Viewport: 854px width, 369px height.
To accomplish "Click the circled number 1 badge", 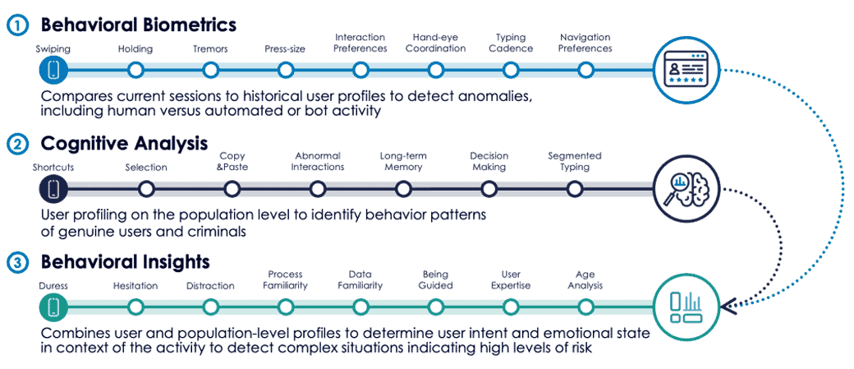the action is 19,25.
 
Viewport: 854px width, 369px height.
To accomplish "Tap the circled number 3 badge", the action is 19,263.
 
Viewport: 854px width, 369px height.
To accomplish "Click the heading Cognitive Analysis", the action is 124,144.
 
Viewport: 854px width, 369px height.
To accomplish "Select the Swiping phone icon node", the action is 53,70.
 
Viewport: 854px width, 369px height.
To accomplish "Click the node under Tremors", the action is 210,70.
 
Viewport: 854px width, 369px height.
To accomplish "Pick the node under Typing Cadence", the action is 510,70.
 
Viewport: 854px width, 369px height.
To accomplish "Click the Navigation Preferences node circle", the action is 585,70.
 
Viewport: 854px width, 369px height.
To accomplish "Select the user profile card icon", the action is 686,70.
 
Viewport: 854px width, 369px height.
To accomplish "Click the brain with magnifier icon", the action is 686,189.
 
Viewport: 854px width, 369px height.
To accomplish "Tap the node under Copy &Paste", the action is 232,189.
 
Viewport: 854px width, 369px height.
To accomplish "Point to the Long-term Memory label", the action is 403,162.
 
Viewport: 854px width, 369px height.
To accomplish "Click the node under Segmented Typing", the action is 575,189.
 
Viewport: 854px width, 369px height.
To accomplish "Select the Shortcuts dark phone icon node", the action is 53,189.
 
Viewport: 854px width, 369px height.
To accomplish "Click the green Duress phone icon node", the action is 53,307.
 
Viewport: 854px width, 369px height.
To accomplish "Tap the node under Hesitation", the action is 135,307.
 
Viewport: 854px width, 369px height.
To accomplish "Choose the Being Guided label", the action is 436,279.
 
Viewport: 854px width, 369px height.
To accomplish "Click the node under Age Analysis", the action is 585,307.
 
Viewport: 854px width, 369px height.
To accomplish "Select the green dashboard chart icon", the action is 686,307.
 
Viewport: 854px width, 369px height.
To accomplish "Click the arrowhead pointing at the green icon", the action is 728,307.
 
